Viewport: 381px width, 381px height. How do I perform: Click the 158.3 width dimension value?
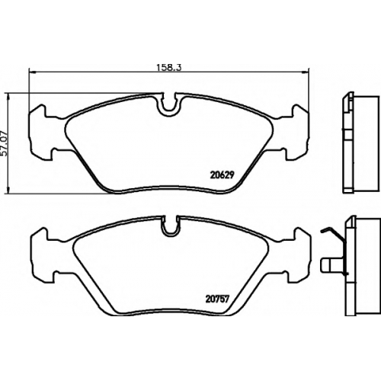[x=168, y=67]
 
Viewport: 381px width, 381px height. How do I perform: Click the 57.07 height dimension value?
[x=5, y=143]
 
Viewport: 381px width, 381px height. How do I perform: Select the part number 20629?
[x=222, y=175]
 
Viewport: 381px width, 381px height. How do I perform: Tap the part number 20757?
[x=217, y=299]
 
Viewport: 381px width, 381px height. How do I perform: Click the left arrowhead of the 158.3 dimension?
[x=33, y=72]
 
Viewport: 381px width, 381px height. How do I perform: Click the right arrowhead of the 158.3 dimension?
[x=305, y=72]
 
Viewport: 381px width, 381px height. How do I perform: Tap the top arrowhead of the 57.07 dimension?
[x=9, y=98]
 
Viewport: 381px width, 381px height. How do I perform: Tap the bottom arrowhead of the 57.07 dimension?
[x=9, y=189]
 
